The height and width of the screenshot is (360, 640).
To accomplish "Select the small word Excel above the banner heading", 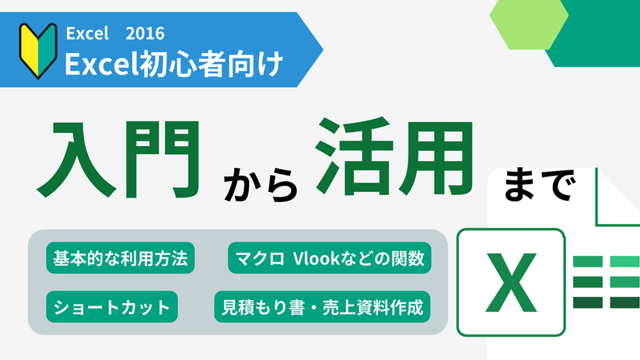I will pos(86,33).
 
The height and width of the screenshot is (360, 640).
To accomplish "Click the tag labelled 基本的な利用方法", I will pos(121,257).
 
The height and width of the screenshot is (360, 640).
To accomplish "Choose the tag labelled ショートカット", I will pos(112,306).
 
